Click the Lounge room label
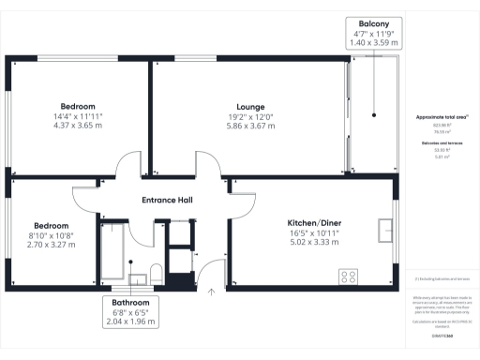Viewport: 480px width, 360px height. (x=250, y=107)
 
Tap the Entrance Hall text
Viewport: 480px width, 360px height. (x=167, y=201)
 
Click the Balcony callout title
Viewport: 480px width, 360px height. (x=374, y=22)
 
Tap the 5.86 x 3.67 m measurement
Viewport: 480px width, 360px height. (x=250, y=127)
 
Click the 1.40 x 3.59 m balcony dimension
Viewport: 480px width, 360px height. (x=374, y=43)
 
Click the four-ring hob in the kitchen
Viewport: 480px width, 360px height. (x=349, y=277)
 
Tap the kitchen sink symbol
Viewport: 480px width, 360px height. (x=386, y=230)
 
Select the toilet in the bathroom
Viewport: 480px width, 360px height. (x=156, y=273)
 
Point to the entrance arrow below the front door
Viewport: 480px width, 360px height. (x=212, y=292)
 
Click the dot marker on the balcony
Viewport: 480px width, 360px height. (x=373, y=115)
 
